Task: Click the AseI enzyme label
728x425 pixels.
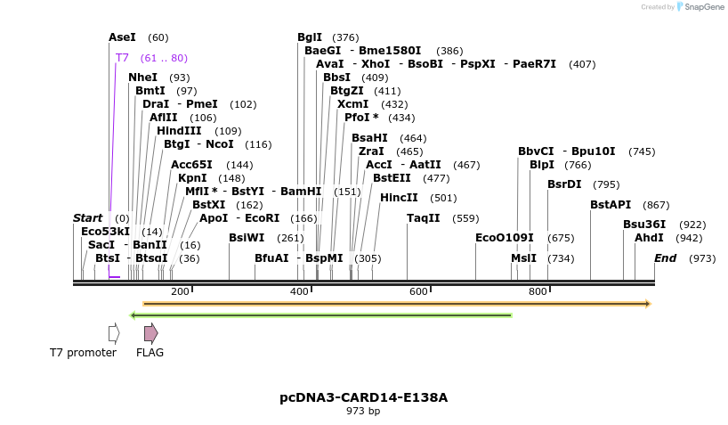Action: tap(122, 37)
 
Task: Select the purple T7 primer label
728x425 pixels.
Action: tap(122, 58)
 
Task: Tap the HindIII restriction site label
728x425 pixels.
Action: tap(179, 131)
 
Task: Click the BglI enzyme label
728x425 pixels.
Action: tap(310, 37)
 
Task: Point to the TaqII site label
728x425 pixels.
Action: tap(424, 218)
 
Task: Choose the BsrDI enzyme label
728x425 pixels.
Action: tap(564, 184)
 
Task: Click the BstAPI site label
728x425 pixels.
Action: tap(611, 205)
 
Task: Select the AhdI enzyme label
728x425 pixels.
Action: tap(649, 238)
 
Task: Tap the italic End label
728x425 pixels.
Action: tap(666, 258)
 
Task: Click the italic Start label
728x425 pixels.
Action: tap(88, 218)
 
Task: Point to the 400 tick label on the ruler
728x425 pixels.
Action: tap(299, 292)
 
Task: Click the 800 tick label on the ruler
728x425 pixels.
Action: tap(538, 292)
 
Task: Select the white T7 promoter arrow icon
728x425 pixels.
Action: tap(114, 333)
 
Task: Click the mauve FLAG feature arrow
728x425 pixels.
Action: tap(151, 333)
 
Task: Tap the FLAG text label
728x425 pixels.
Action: tap(150, 353)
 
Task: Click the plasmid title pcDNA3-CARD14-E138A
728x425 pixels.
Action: tap(364, 397)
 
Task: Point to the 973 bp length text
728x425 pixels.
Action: tap(363, 412)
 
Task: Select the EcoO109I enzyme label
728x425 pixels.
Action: tap(505, 238)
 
